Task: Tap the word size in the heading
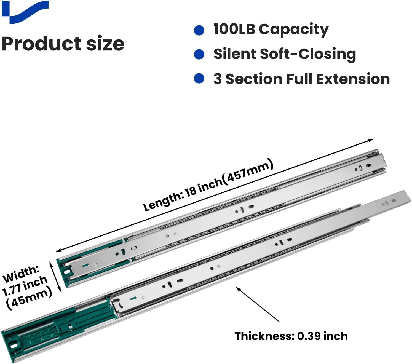[x=105, y=44]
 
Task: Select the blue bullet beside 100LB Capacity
[x=199, y=30]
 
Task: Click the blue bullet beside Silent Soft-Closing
[x=199, y=54]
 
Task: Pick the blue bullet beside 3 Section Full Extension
[x=199, y=79]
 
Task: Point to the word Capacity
[x=294, y=30]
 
